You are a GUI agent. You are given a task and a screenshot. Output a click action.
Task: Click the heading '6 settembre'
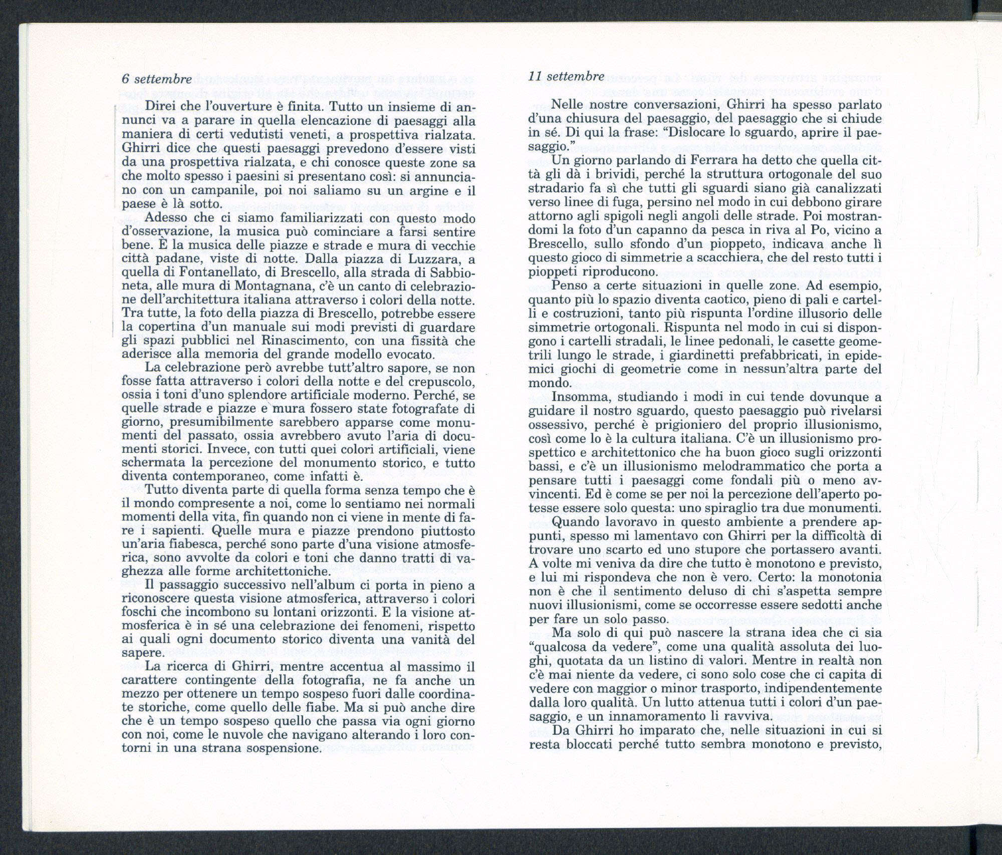coord(156,79)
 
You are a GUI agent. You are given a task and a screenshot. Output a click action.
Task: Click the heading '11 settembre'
coord(566,76)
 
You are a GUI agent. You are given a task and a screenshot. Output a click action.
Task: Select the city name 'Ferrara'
coord(721,162)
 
